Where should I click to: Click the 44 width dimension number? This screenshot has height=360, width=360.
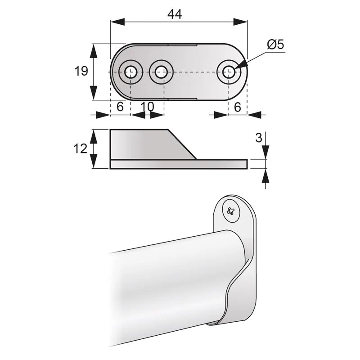tap(175, 14)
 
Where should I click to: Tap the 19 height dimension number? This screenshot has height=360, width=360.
tap(81, 71)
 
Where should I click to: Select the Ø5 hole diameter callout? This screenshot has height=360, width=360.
tap(275, 44)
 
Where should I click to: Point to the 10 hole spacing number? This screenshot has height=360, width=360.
tap(147, 107)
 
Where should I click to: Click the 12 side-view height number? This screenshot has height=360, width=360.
tap(81, 148)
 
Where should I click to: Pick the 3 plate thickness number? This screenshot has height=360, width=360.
tap(258, 138)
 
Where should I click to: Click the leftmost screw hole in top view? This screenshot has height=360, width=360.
tap(130, 72)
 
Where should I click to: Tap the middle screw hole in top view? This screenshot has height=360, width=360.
tap(161, 72)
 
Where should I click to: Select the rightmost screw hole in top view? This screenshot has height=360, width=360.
tap(229, 72)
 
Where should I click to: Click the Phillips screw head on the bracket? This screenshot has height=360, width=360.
tap(230, 210)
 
